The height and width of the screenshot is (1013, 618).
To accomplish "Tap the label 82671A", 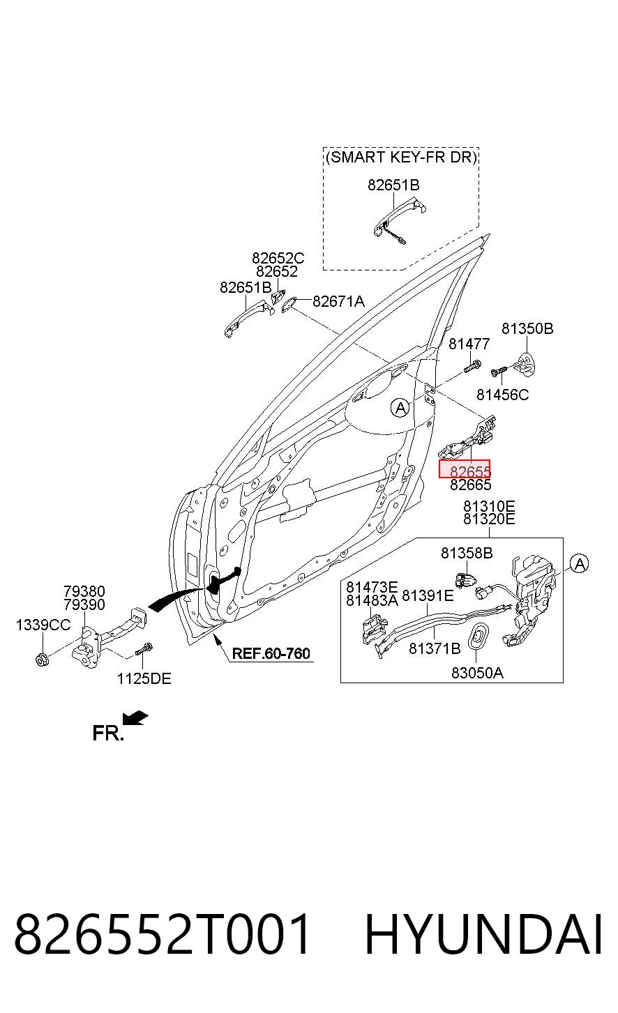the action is click(x=338, y=301).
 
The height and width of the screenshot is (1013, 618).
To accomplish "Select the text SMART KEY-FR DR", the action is click(x=401, y=157).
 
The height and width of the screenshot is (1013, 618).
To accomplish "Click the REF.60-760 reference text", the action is click(x=271, y=653).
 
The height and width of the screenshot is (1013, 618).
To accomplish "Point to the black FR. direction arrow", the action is click(x=135, y=717).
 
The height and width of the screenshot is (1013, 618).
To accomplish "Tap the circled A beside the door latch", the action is click(x=579, y=564).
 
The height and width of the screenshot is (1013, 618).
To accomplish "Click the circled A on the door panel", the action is click(x=400, y=408).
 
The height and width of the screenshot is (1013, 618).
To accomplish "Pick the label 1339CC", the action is click(x=43, y=625).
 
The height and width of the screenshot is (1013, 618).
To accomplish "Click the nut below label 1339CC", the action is click(x=42, y=660).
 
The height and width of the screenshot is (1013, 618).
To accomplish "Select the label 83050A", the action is click(x=477, y=673).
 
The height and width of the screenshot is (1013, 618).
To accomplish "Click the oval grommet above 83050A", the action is click(x=477, y=637).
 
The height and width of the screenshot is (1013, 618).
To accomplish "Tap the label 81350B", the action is click(x=527, y=328).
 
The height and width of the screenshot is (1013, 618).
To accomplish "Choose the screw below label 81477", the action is click(x=472, y=366).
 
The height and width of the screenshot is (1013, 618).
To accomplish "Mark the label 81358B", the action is click(x=467, y=553).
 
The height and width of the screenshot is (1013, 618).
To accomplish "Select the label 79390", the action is click(x=84, y=604).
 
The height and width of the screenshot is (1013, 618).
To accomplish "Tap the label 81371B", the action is click(x=435, y=648).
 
